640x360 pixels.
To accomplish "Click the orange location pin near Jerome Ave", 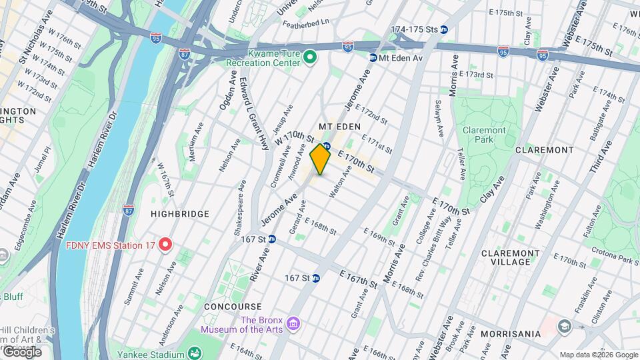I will point(321,159).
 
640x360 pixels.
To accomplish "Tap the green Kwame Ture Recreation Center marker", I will point(310,58).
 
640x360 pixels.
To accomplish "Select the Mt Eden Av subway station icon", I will point(373,58).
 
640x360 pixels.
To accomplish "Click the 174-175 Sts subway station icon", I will point(443,29).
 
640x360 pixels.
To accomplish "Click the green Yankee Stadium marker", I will point(195,352).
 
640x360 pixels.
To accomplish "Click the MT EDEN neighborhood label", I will point(339,127).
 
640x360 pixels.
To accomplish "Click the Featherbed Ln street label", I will point(306,21).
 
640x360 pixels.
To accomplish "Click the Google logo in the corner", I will point(21,351).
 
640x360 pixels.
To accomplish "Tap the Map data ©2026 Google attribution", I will point(598,355).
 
